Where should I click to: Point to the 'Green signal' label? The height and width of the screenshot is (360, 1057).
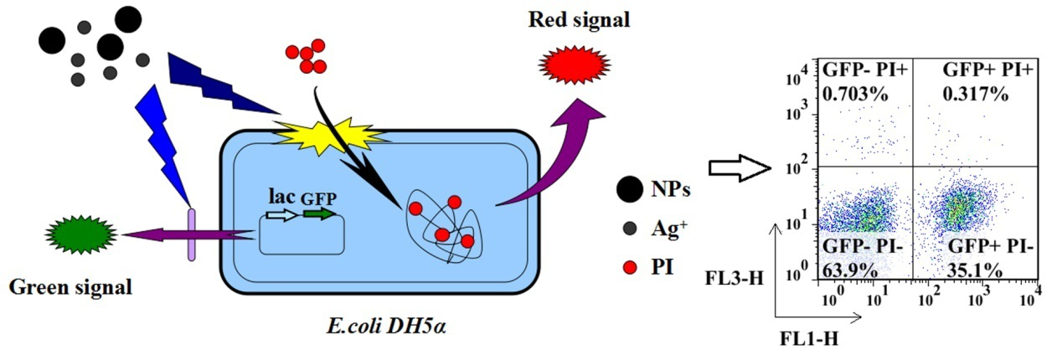point(70,287)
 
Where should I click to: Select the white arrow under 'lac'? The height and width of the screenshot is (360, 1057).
point(281,215)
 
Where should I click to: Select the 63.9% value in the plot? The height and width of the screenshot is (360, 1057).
point(850,269)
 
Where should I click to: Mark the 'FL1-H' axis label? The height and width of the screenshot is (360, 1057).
point(807,339)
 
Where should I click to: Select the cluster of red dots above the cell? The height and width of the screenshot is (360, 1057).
point(306,57)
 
